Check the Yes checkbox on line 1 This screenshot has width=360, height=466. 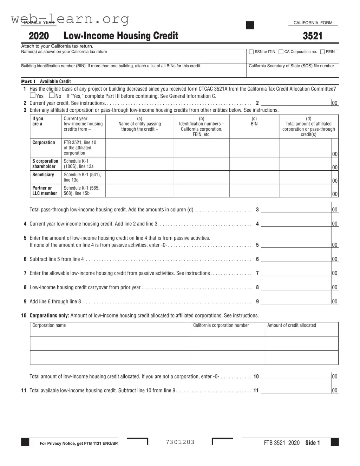click(x=33, y=96)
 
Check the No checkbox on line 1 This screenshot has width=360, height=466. click(x=52, y=96)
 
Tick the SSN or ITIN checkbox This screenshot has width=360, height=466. click(x=251, y=52)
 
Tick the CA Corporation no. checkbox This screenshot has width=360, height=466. click(x=281, y=52)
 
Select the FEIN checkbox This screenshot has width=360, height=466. click(x=322, y=52)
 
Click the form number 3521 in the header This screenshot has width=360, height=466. click(x=312, y=36)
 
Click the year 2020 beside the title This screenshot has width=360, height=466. click(x=39, y=36)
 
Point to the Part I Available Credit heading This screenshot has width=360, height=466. click(x=46, y=81)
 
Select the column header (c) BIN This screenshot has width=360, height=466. click(x=254, y=121)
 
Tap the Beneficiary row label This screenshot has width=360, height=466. click(x=43, y=175)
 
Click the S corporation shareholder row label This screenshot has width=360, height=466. click(x=45, y=164)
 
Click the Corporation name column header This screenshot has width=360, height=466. click(x=49, y=325)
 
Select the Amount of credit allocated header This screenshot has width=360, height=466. click(x=292, y=325)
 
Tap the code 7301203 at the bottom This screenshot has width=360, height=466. click(x=180, y=442)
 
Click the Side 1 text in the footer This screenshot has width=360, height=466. click(x=313, y=443)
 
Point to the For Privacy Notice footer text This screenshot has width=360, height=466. click(x=79, y=444)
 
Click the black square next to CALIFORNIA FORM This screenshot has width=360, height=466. click(x=250, y=25)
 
